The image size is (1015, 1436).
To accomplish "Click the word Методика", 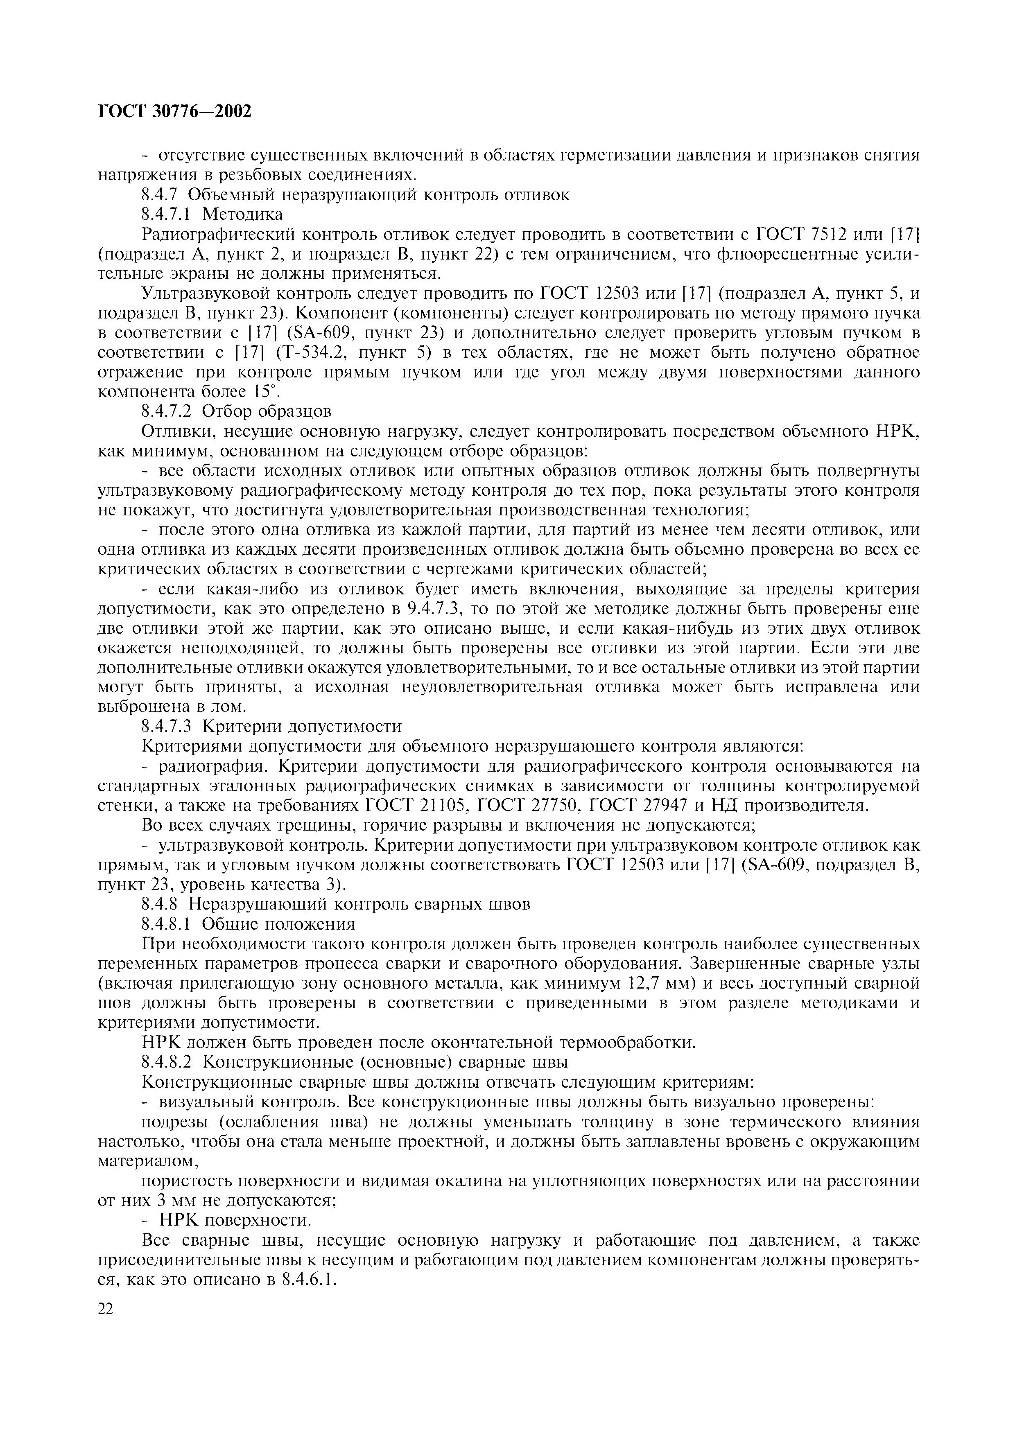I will [x=243, y=214].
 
